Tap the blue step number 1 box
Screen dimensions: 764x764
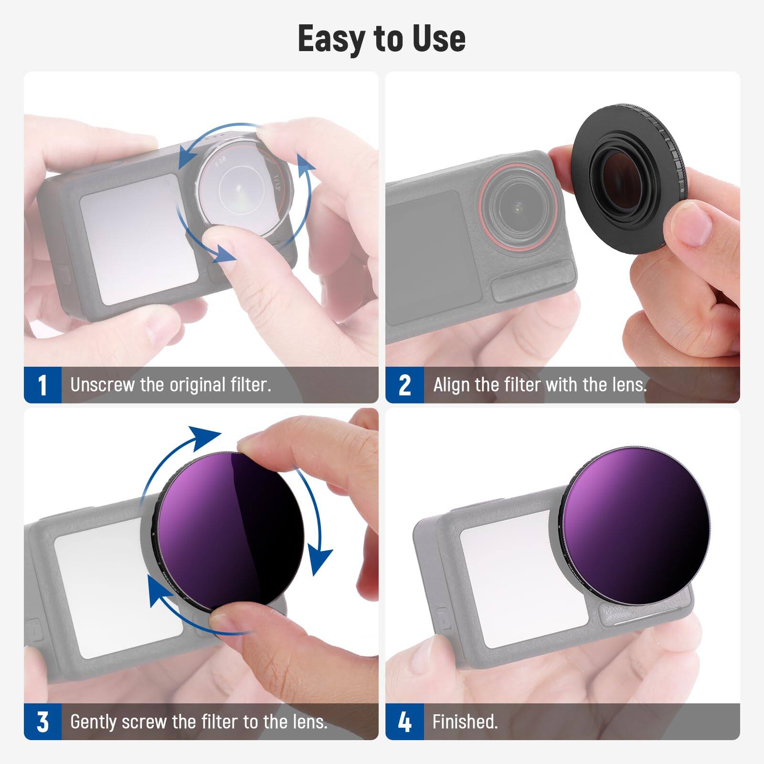[x=42, y=385]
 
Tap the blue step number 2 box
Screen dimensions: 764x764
[x=404, y=385]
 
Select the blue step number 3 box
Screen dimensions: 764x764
[x=42, y=722]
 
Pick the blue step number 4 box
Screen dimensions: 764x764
[x=404, y=722]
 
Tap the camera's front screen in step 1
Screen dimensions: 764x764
[x=138, y=239]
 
